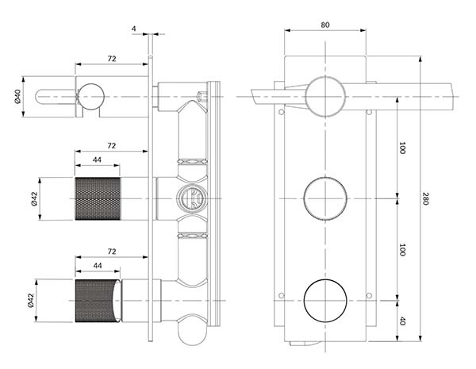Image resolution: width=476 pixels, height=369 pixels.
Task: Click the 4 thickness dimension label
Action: click(134, 29)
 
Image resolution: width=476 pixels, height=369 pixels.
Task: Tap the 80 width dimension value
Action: click(325, 25)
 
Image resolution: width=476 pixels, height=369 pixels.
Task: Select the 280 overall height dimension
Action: click(425, 198)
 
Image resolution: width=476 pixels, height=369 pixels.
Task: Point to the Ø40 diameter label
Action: click(17, 96)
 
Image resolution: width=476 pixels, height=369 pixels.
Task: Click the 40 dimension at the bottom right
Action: click(402, 321)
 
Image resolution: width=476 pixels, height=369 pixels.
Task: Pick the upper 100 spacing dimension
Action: click(402, 148)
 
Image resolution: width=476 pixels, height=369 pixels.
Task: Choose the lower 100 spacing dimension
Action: click(402, 250)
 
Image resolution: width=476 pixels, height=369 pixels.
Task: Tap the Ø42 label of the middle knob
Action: click(33, 199)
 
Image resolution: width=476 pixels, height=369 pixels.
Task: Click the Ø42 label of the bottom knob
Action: click(30, 301)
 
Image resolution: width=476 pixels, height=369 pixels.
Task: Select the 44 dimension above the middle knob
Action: click(97, 160)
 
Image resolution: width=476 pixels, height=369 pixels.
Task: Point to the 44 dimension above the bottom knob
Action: click(97, 265)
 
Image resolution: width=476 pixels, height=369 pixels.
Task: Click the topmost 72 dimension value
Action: click(112, 59)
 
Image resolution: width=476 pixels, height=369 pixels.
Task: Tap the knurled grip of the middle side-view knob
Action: click(98, 199)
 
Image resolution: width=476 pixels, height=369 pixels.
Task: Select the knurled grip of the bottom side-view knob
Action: click(96, 301)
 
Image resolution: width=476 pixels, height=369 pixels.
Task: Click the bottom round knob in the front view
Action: click(325, 301)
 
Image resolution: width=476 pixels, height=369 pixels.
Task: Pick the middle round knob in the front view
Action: click(325, 198)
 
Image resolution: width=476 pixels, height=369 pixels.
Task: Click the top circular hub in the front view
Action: click(325, 97)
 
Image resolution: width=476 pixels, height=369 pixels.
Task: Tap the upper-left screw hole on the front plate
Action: click(282, 112)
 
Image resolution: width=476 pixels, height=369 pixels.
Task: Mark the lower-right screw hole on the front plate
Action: click(369, 295)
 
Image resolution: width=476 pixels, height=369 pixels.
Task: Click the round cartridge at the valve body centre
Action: click(192, 199)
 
